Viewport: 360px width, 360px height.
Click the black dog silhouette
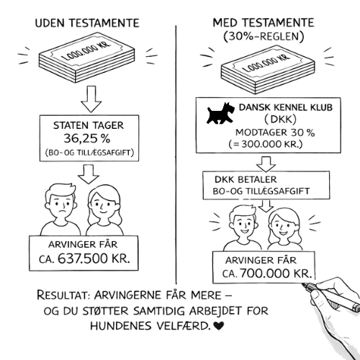pos(220,113)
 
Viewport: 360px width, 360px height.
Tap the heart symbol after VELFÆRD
pos(218,325)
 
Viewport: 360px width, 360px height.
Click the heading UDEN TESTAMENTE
pos(87,23)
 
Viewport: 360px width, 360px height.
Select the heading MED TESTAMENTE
pos(264,23)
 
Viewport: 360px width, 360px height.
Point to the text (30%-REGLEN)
pos(264,37)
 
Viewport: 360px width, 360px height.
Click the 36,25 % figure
pos(87,138)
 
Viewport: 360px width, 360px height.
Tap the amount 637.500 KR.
pos(94,258)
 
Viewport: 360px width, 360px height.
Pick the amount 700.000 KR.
pos(276,274)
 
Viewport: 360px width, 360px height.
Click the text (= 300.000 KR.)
pos(266,144)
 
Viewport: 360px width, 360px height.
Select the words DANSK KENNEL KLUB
pos(286,107)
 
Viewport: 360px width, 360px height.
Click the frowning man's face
pos(61,204)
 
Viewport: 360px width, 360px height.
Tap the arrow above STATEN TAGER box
pos(91,99)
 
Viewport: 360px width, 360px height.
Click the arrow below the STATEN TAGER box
pos(89,174)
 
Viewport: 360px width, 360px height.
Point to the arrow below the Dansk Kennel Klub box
pos(266,164)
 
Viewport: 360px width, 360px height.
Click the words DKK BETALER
pos(246,179)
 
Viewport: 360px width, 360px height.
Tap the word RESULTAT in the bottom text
pos(63,295)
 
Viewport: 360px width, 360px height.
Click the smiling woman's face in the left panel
pos(104,204)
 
